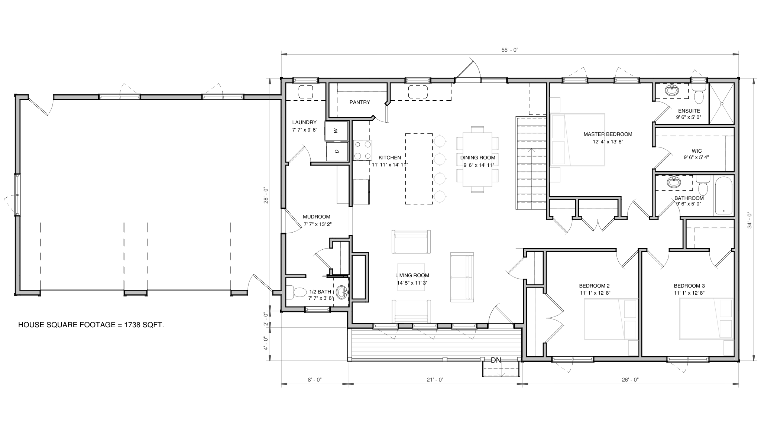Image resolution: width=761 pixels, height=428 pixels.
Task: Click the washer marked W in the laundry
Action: tap(336, 131)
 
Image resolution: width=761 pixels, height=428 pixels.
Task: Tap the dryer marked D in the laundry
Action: tap(337, 151)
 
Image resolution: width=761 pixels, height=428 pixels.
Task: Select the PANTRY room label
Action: tap(360, 102)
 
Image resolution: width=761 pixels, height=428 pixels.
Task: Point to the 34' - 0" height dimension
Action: tap(749, 220)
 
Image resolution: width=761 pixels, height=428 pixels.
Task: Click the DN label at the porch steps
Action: tap(496, 360)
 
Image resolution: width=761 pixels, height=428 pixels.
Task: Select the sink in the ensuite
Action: tap(672, 90)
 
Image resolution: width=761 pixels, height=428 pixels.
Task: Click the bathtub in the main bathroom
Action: tap(723, 196)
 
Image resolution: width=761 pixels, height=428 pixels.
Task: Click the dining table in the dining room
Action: tap(477, 159)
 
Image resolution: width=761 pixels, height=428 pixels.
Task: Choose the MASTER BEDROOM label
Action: tap(608, 134)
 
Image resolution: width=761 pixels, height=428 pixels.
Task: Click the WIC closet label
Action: tap(697, 151)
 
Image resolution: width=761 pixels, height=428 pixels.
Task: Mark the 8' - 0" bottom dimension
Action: tap(314, 380)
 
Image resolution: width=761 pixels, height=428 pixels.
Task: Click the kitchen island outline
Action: tap(419, 169)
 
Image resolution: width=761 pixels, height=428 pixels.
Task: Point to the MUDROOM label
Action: tap(316, 217)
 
